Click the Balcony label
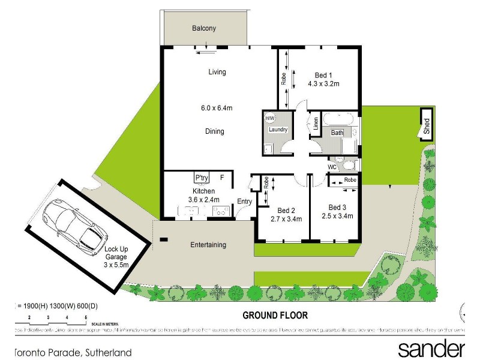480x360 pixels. [204, 28]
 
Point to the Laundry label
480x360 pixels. [278, 130]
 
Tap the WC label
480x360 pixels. [332, 167]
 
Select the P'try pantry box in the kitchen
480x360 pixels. [202, 178]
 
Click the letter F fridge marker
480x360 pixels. [222, 178]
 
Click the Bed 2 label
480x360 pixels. [286, 210]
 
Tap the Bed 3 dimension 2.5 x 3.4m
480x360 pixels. [337, 216]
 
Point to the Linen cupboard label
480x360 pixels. [315, 124]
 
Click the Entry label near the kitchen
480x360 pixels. [244, 202]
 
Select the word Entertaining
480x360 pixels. [208, 245]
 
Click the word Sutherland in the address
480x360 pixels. [106, 353]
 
